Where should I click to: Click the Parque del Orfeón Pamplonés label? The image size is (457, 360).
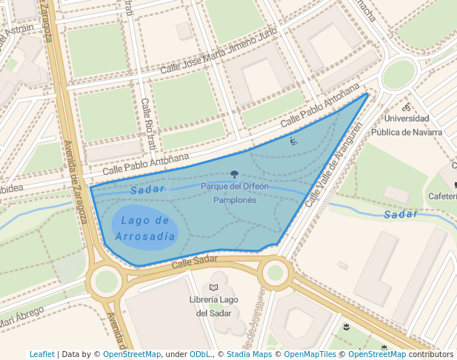click(x=234, y=193)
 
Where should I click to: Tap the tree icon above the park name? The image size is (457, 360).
click(x=235, y=175)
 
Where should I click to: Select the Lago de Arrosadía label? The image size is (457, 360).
click(x=145, y=228)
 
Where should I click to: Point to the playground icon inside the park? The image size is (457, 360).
click(x=293, y=141)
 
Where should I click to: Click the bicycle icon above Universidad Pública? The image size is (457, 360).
click(x=406, y=107)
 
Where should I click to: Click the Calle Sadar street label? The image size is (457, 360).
click(x=194, y=261)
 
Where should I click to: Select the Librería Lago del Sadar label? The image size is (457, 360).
click(x=213, y=306)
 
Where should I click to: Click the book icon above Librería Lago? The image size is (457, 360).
click(x=213, y=287)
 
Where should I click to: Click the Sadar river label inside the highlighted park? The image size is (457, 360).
click(x=147, y=190)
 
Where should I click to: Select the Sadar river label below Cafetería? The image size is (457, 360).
click(x=401, y=214)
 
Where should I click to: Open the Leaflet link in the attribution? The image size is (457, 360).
click(x=42, y=354)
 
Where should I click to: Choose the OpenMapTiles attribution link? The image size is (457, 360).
click(x=307, y=354)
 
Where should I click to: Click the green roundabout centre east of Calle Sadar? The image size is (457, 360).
click(x=276, y=273)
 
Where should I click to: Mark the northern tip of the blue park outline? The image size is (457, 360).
click(x=367, y=93)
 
